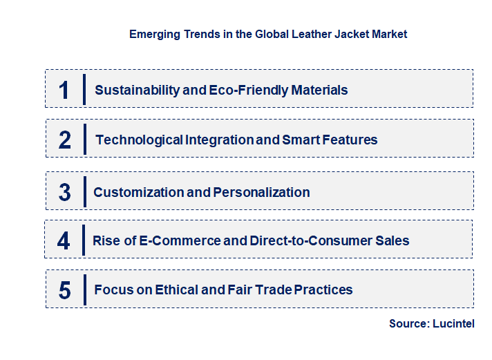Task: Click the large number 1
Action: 64,90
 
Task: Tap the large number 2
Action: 65,140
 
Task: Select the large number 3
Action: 65,192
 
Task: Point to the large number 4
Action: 64,240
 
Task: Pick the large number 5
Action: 65,290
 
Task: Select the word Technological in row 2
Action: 139,140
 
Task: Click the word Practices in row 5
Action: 323,290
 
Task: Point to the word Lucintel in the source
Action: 455,323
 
